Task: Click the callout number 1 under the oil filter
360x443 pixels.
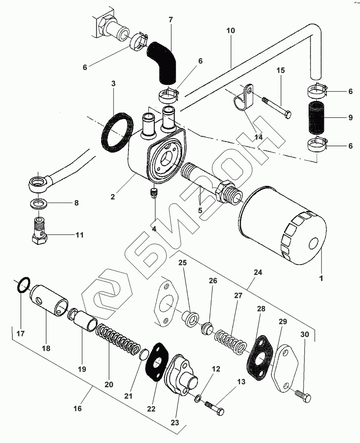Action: click(321, 277)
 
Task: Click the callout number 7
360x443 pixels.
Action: click(171, 19)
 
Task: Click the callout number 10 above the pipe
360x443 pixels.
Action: click(230, 30)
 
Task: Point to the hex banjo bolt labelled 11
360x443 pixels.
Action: click(39, 233)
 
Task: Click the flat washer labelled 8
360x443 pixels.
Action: click(39, 203)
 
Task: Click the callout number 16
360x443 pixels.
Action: click(78, 409)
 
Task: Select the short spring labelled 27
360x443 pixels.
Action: click(230, 341)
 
